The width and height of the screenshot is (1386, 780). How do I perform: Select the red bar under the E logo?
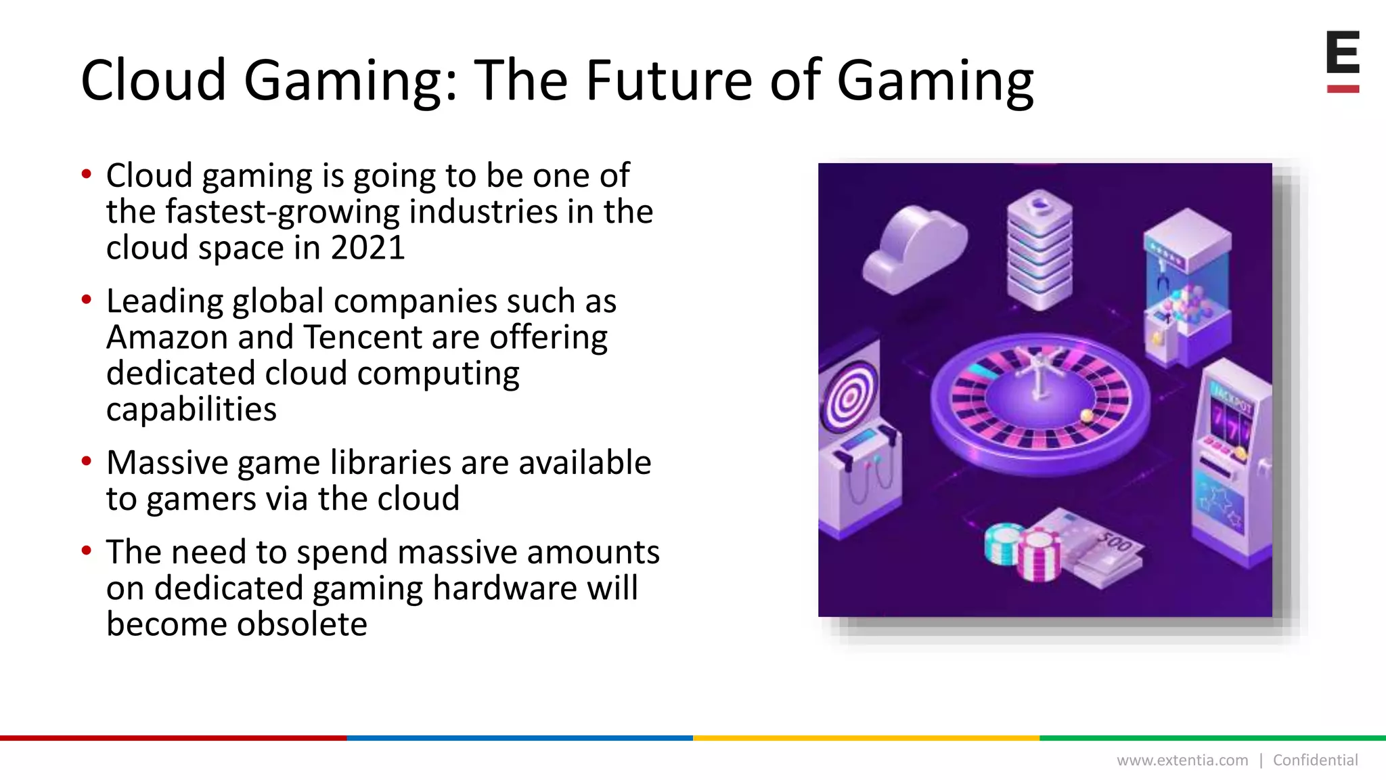[1343, 89]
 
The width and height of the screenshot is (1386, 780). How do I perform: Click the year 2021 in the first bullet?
[367, 248]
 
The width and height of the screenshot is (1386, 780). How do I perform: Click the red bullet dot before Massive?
[86, 462]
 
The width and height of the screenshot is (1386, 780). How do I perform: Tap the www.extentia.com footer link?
[1182, 760]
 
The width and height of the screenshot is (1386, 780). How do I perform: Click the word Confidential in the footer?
[1315, 760]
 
